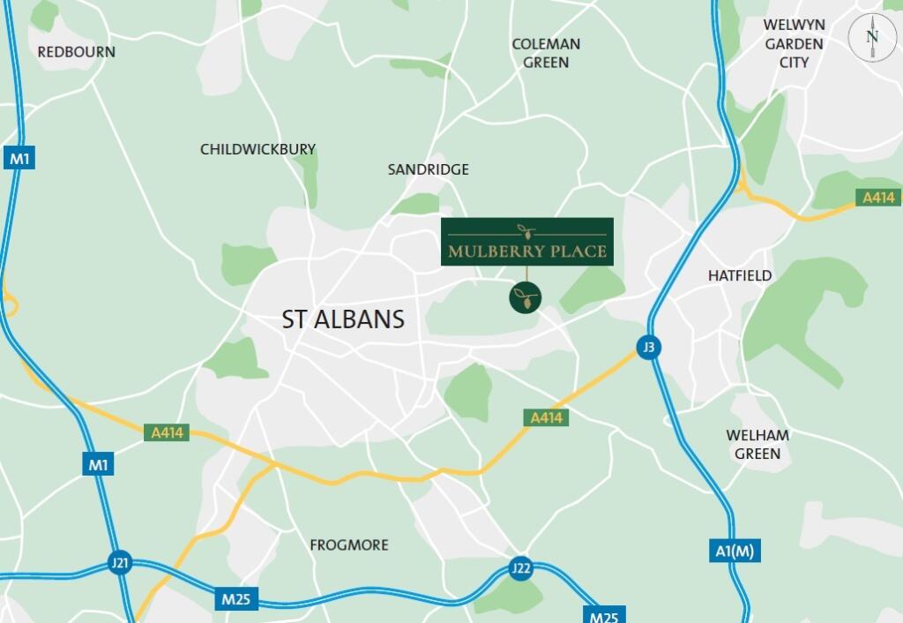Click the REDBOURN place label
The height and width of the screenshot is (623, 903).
coord(76,52)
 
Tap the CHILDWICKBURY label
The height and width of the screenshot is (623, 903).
coord(257,149)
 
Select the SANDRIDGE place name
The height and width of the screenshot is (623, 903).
coord(428,169)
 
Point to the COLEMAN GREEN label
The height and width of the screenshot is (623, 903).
coord(546,53)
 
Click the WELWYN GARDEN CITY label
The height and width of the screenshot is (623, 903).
coord(794,43)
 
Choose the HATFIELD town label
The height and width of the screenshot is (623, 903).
coord(739,275)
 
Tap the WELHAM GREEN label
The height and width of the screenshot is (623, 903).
coord(757,444)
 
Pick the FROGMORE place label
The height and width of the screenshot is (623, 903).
coord(348,545)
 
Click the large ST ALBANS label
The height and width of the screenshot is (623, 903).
coord(343,319)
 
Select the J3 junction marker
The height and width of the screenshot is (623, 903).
coord(648,348)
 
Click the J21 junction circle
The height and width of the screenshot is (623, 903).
coord(120,563)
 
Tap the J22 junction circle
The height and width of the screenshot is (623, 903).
coord(521,568)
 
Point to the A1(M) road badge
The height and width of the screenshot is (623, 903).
coord(734,552)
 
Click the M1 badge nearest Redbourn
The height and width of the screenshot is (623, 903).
coord(19,159)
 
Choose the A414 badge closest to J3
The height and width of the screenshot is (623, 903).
coord(545,417)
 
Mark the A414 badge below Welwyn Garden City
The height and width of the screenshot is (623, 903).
coord(878,199)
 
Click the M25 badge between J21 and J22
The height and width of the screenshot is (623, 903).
coord(236,601)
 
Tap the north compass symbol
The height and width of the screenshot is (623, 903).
coord(871,38)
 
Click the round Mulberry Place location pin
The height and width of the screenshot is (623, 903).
coord(526,297)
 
